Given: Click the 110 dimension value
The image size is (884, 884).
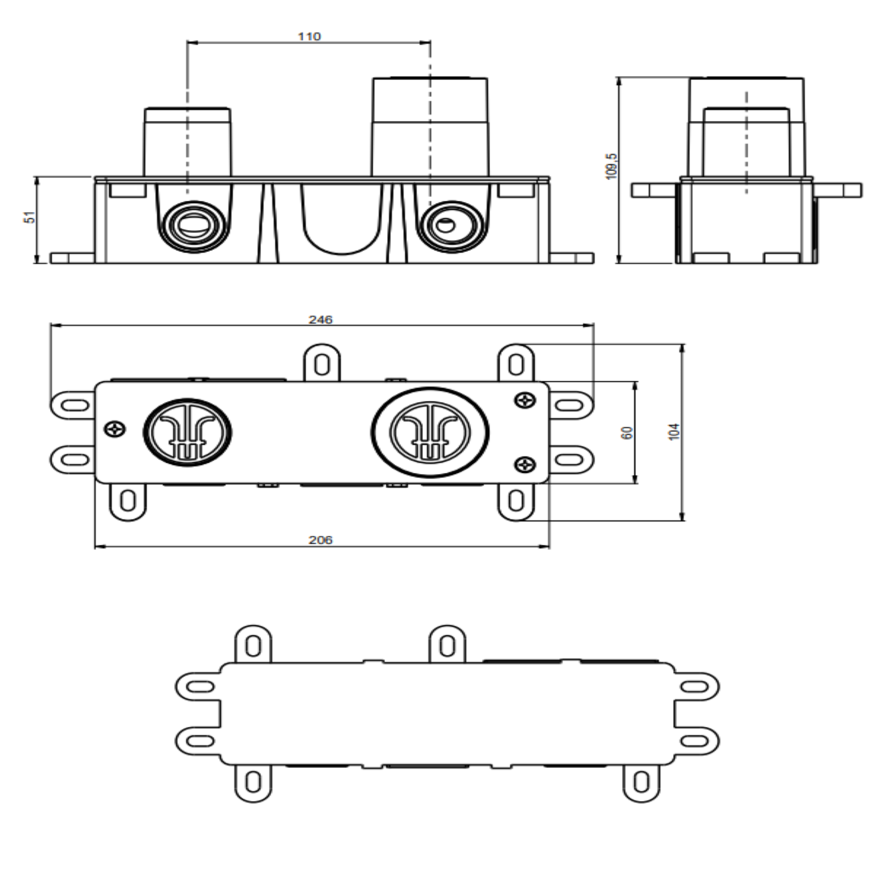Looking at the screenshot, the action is [x=309, y=36].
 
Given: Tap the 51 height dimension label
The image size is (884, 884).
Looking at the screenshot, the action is [x=30, y=217].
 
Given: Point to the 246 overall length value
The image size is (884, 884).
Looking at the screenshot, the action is [x=321, y=320].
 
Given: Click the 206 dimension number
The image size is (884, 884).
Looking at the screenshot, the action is [x=321, y=539].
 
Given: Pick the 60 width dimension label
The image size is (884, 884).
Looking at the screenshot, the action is [x=628, y=432].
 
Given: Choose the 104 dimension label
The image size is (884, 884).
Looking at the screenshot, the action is [x=674, y=431].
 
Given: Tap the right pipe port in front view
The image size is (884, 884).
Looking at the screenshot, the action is [x=451, y=227].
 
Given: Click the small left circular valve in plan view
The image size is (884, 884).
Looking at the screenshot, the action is [x=187, y=432].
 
